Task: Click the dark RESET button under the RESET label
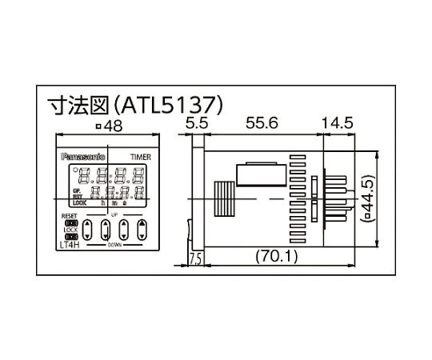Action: (x=70, y=223)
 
